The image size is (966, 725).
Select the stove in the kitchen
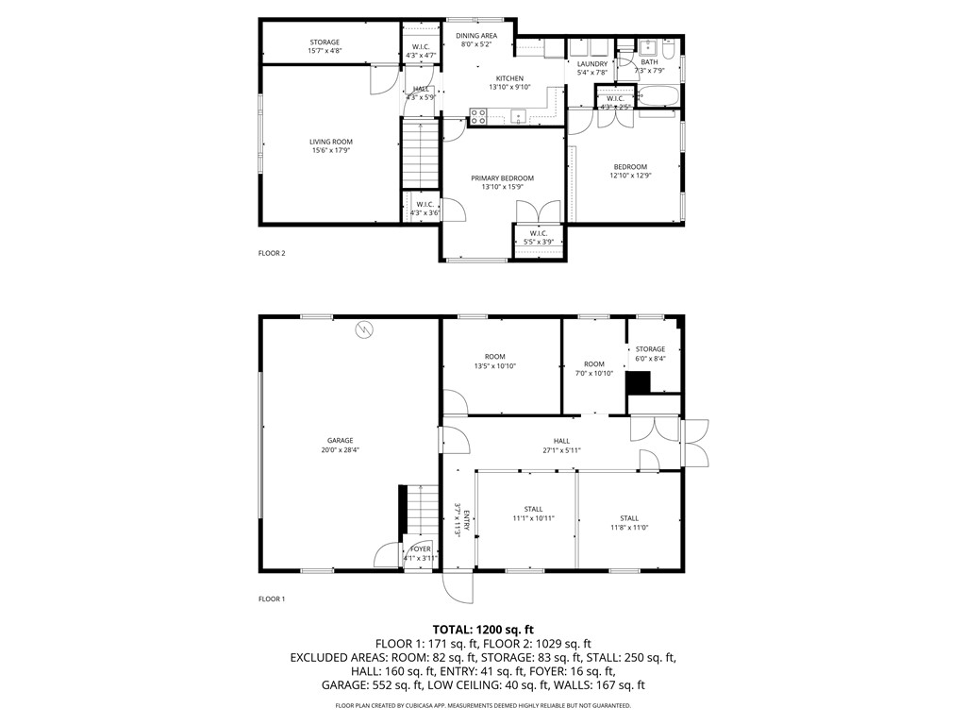[478, 117]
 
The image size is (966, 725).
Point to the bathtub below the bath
[658, 96]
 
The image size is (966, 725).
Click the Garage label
[340, 440]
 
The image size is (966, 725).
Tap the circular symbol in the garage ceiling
[364, 329]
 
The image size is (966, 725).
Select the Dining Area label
[477, 36]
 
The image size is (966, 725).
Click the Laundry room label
[592, 64]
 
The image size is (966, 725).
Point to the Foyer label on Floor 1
[420, 548]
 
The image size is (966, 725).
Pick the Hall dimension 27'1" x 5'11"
[561, 450]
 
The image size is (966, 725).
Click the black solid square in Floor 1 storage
[639, 382]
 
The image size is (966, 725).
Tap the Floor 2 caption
[272, 253]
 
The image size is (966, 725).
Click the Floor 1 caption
[272, 599]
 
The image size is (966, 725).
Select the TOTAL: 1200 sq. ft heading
[483, 629]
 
